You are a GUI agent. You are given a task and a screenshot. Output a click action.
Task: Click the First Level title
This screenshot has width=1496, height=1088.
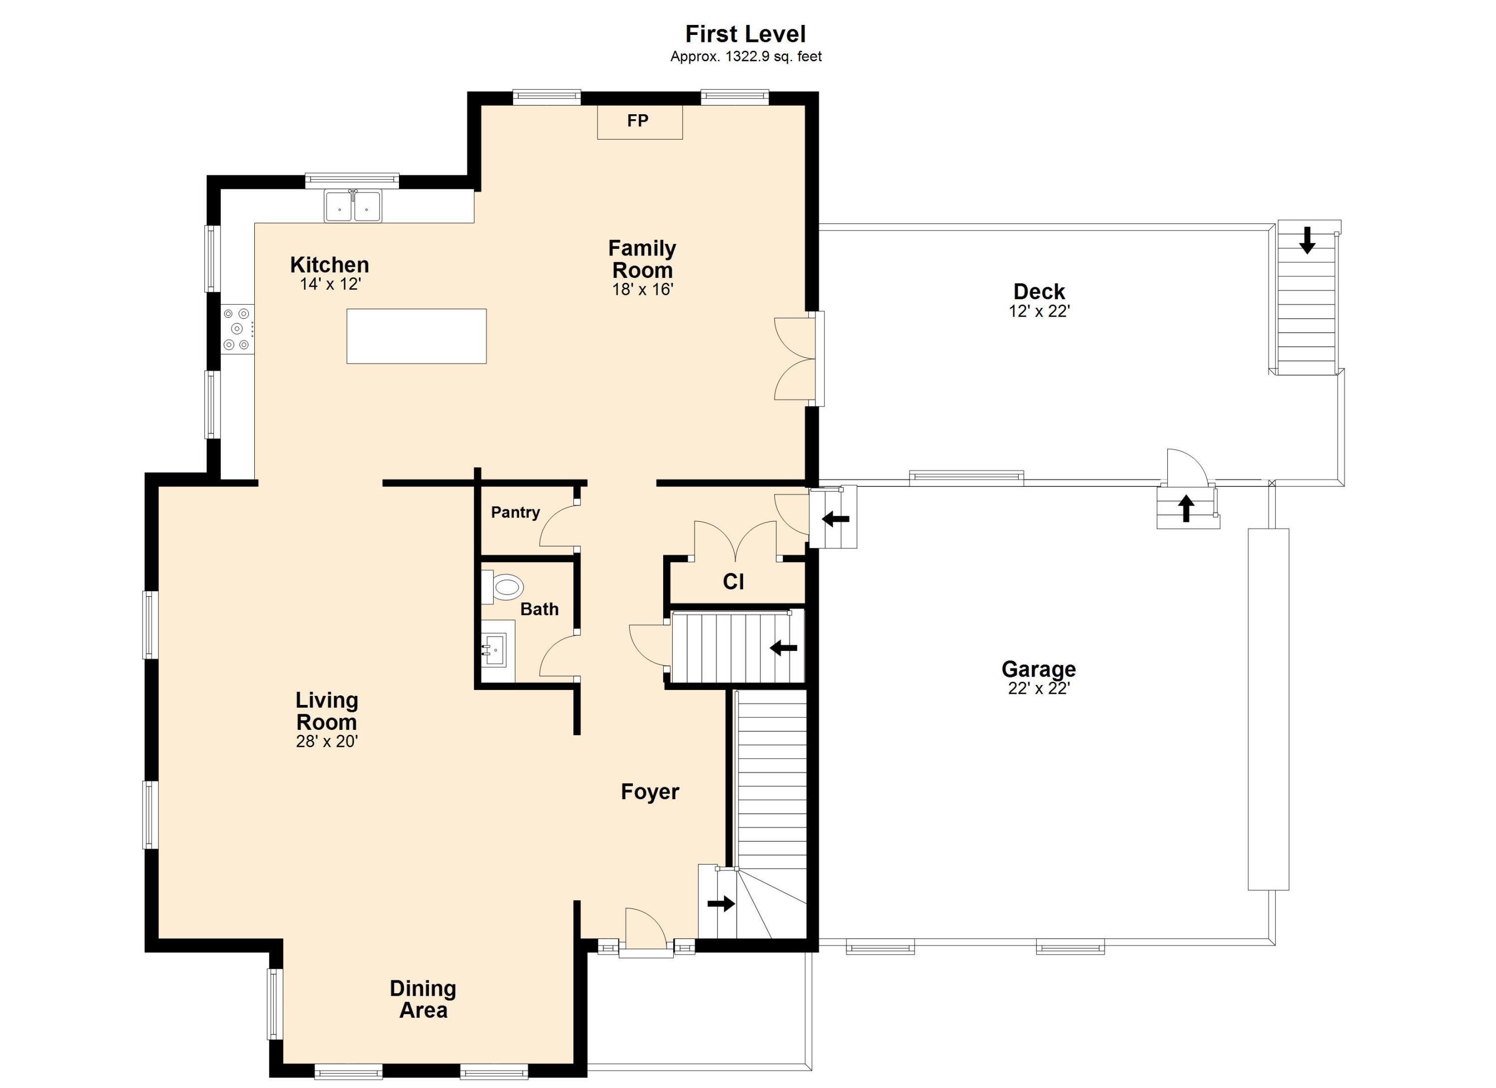click(x=746, y=33)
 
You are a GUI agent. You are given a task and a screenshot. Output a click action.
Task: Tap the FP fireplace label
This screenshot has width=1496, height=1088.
click(x=638, y=121)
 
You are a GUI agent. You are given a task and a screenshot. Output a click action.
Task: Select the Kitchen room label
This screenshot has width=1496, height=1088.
click(x=329, y=264)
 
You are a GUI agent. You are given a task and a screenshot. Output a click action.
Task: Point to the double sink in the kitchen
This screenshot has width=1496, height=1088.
click(x=353, y=206)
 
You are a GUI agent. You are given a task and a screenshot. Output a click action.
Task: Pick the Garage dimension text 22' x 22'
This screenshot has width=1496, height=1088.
click(x=1039, y=688)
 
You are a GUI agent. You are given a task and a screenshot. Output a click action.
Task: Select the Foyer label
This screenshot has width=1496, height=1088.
click(x=650, y=792)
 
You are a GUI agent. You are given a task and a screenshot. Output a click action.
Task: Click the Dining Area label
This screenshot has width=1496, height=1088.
click(x=423, y=999)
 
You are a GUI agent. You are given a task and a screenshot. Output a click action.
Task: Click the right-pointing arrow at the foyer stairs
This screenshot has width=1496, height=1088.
click(x=721, y=903)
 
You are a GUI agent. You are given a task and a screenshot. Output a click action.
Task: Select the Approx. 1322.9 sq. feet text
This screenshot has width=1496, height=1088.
click(x=746, y=57)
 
